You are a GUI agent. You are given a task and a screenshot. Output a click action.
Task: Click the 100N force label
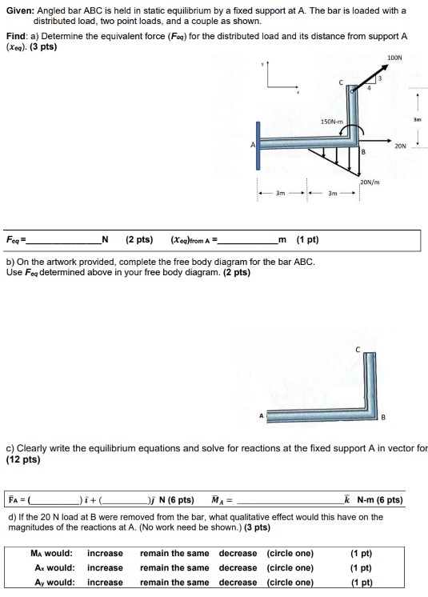pos(394,58)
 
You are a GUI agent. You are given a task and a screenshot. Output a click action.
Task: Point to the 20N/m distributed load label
pos(370,182)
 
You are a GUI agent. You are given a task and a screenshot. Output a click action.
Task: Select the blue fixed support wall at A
pos(258,145)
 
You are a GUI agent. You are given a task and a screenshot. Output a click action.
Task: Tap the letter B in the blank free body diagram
pos(383,417)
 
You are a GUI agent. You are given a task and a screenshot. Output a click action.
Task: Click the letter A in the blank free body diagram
pos(260,416)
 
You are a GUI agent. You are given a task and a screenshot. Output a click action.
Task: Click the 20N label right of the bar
pos(399,146)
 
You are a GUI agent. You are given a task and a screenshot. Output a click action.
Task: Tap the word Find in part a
pos(18,37)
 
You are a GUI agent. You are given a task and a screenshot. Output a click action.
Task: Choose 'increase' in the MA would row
pos(105,553)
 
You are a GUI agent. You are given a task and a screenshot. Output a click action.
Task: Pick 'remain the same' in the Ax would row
pos(174,567)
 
